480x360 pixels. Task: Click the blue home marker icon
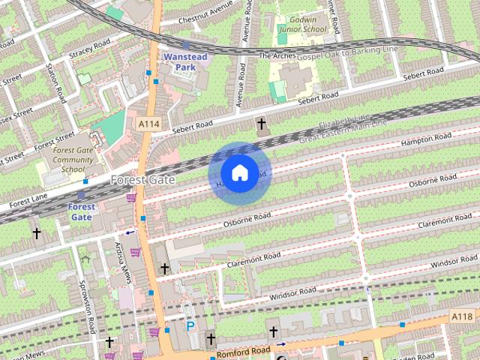pos(239,173)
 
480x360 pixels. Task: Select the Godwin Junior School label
pos(301,23)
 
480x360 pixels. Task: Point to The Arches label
pos(276,55)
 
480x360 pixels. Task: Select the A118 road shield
pos(462,318)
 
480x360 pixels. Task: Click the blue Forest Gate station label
pos(82,211)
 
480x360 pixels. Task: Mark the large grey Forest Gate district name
pos(142,180)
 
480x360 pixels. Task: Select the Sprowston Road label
pos(87,307)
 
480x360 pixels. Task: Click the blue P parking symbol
pos(190,326)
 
